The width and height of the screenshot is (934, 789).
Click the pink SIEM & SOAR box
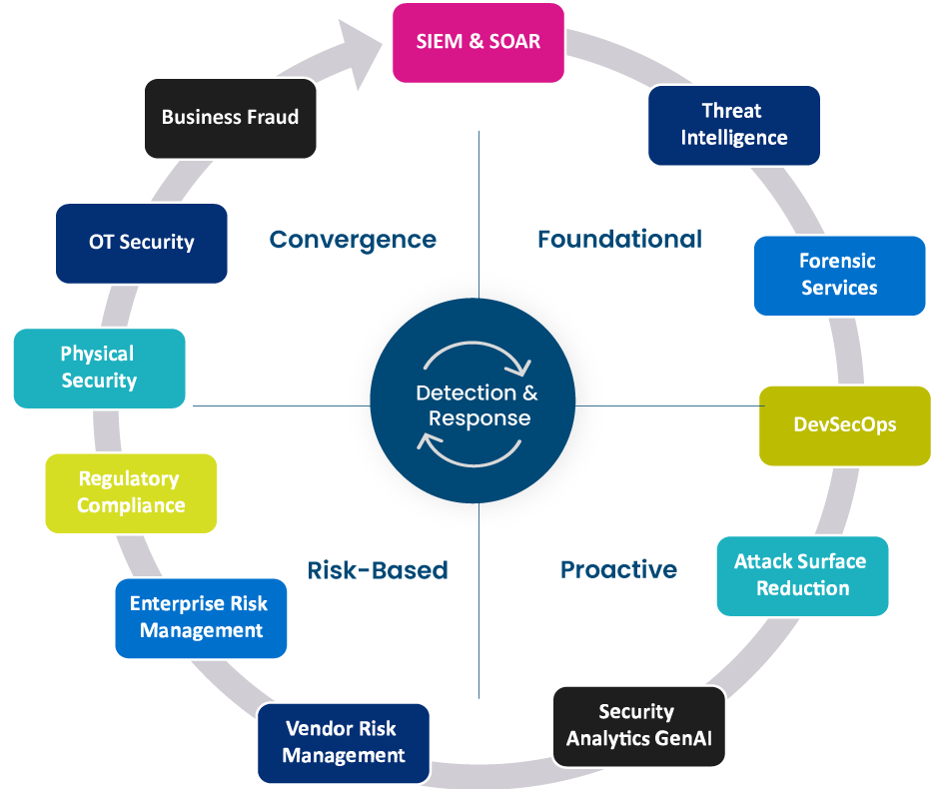click(x=478, y=42)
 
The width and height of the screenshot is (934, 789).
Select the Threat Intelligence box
click(x=734, y=125)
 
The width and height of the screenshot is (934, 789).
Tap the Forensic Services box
click(x=838, y=275)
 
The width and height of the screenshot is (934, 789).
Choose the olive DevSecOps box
click(x=844, y=424)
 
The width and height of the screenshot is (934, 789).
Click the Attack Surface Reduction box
click(x=802, y=575)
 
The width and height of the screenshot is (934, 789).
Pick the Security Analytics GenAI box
click(x=638, y=725)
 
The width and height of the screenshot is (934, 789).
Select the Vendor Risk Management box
click(x=344, y=742)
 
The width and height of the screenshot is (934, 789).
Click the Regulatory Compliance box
click(x=131, y=492)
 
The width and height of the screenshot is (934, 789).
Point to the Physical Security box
click(x=99, y=368)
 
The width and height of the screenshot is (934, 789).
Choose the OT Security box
click(x=141, y=242)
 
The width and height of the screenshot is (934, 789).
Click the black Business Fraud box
click(x=230, y=118)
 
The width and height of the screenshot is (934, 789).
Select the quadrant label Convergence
click(x=353, y=240)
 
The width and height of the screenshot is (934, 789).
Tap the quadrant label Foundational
click(x=619, y=240)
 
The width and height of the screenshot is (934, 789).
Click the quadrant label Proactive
click(x=618, y=569)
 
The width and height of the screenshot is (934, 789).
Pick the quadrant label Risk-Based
click(x=378, y=570)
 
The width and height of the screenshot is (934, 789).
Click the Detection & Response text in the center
click(x=478, y=404)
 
